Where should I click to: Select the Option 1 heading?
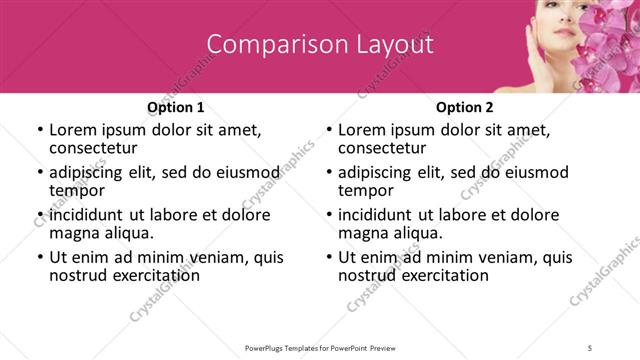[175, 107]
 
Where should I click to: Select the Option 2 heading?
[465, 107]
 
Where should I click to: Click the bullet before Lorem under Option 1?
[39, 130]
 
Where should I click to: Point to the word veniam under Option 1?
[222, 257]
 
